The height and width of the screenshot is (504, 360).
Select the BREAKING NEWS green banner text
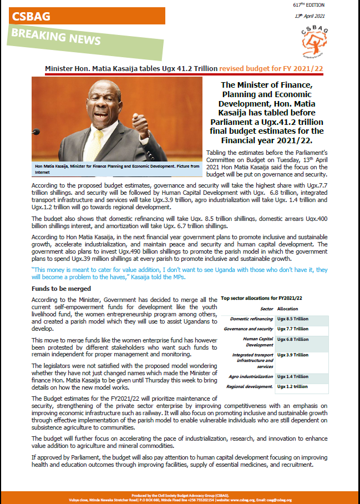tap(56, 38)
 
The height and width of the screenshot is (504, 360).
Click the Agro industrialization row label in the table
tap(251, 376)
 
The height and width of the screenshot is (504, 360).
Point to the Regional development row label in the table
tap(251, 386)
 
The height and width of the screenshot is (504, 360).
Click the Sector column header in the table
tap(267, 309)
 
